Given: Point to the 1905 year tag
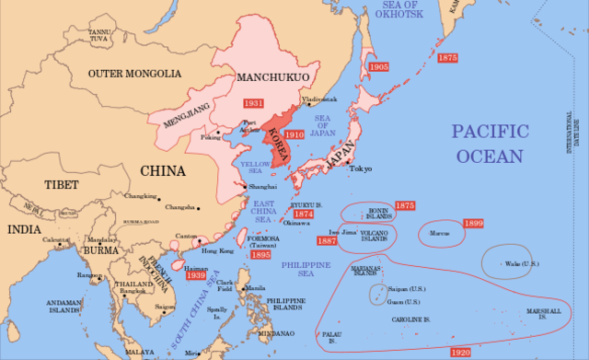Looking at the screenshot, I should pyautogui.click(x=377, y=67).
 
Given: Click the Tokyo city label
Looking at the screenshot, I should pyautogui.click(x=361, y=168).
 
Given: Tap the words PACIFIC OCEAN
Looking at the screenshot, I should pyautogui.click(x=489, y=144).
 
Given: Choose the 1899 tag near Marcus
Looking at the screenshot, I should pyautogui.click(x=473, y=224).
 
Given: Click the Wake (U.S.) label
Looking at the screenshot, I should pyautogui.click(x=523, y=264).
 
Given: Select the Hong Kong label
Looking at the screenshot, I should pyautogui.click(x=218, y=250).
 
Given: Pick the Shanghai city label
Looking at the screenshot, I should pyautogui.click(x=262, y=186).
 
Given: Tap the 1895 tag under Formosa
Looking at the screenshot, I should pyautogui.click(x=261, y=255).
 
